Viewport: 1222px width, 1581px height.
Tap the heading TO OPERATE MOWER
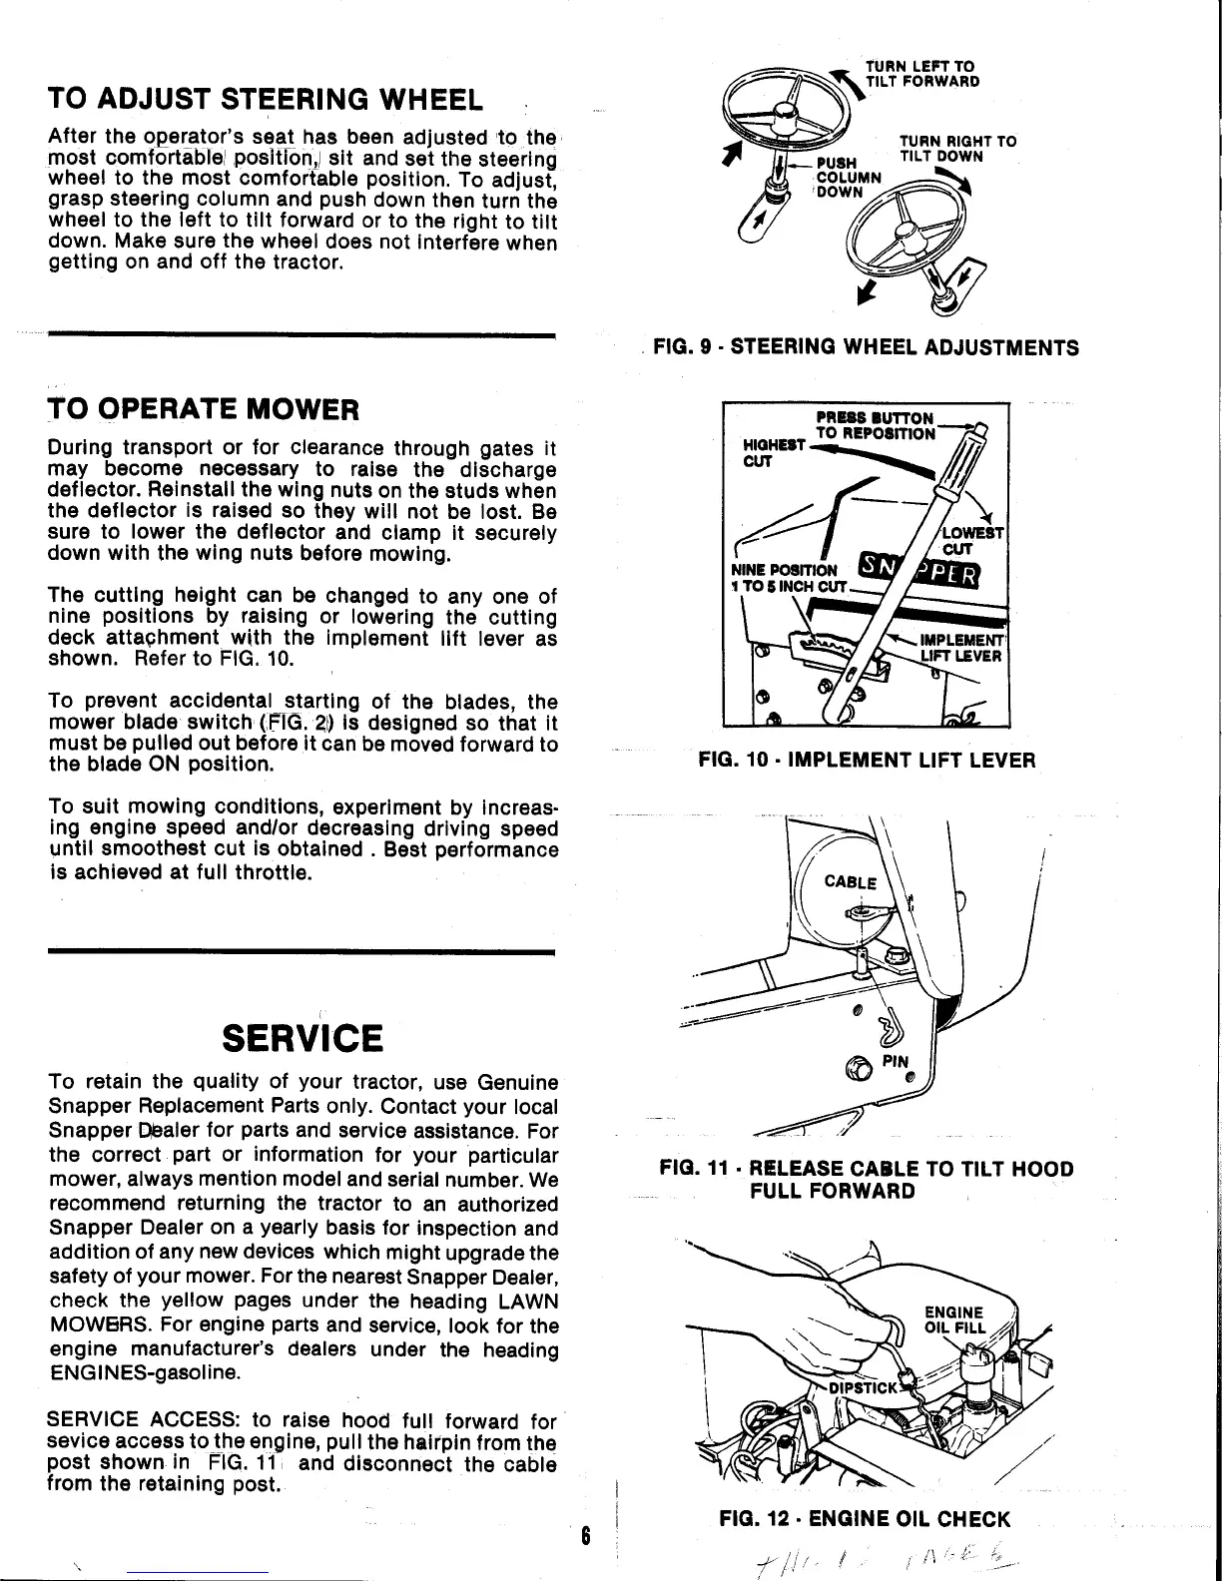(x=202, y=409)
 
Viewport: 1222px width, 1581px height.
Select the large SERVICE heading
(x=302, y=1038)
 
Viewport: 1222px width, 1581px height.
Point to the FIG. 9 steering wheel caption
(x=866, y=347)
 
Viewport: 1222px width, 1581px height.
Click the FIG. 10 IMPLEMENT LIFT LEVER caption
(x=867, y=761)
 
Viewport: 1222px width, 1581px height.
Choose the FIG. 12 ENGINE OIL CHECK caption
(x=865, y=1519)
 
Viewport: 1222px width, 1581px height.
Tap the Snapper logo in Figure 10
(x=920, y=574)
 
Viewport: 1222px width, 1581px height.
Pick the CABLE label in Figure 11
(x=850, y=882)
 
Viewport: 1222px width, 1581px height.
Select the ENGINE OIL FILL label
(x=953, y=1319)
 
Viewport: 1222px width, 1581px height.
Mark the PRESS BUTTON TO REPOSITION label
(x=875, y=425)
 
